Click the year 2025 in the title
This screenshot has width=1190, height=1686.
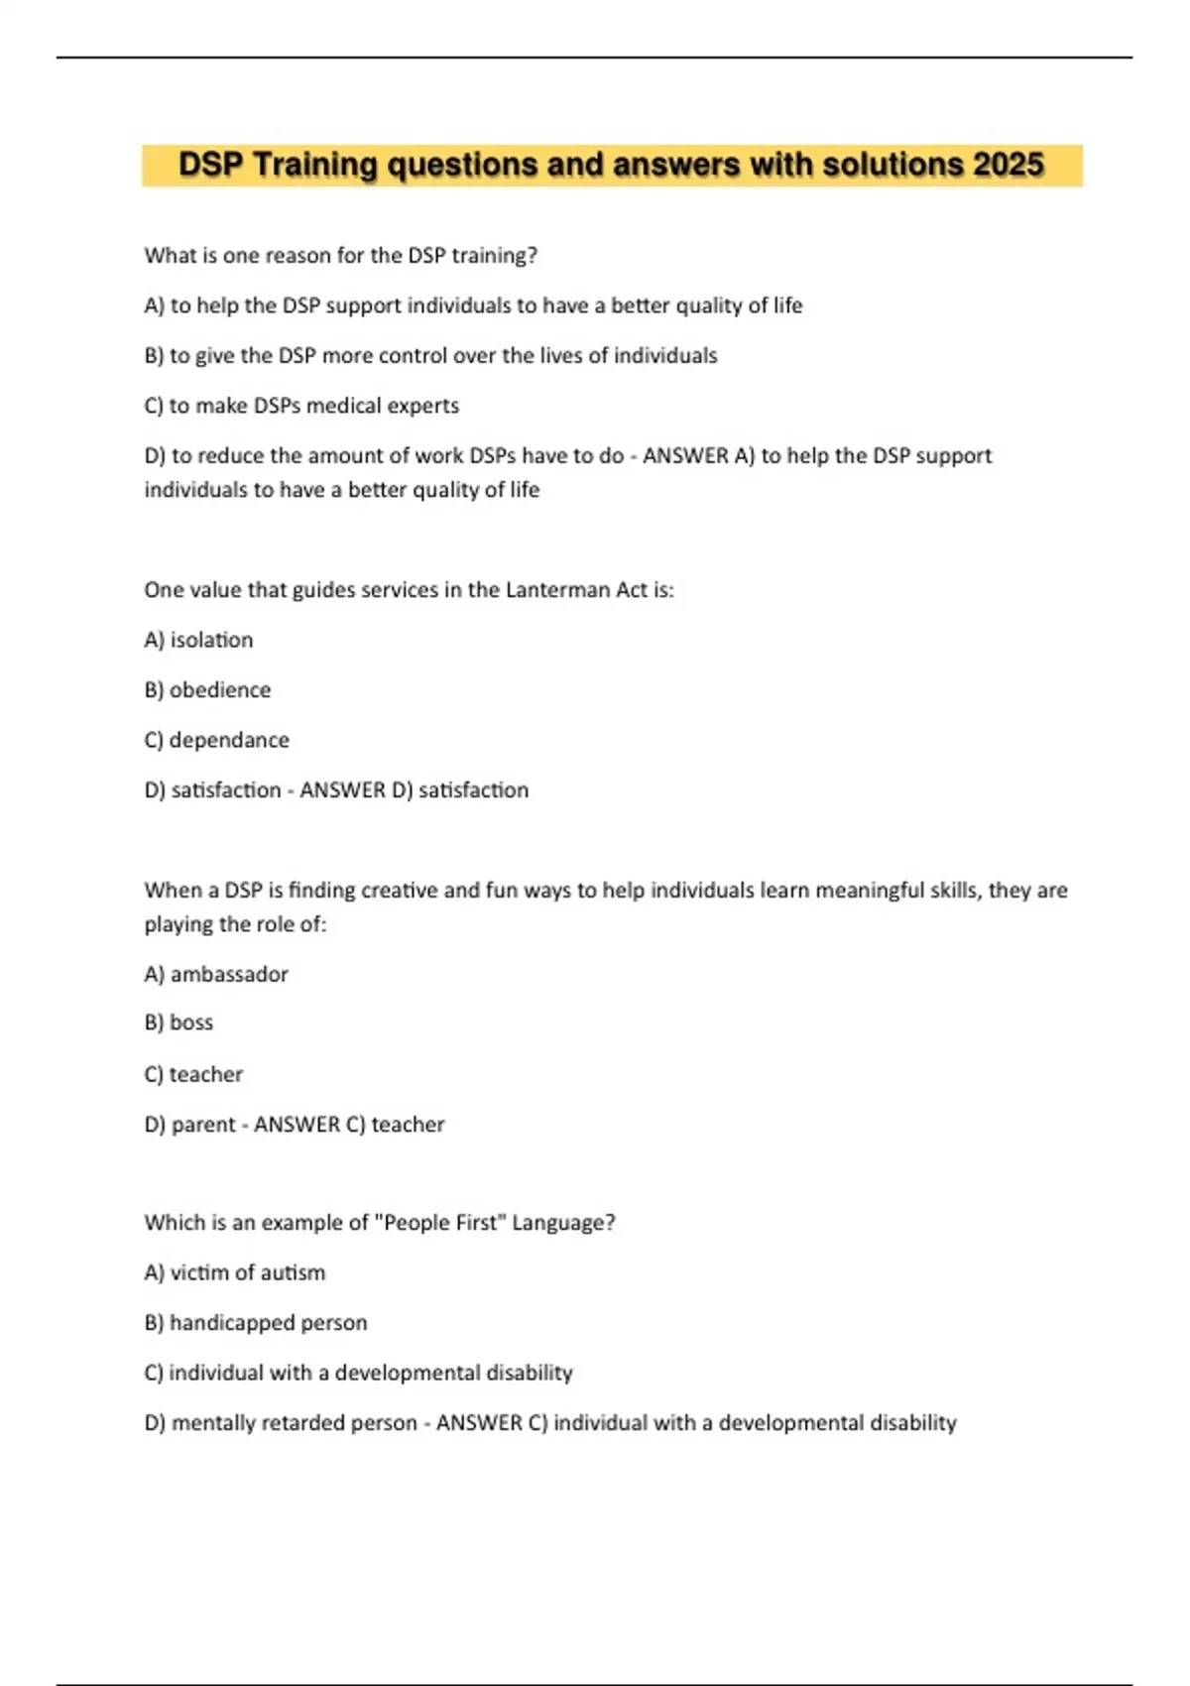coord(1009,165)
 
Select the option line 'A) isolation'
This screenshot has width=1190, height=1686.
coord(198,640)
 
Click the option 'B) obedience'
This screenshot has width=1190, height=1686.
coord(207,689)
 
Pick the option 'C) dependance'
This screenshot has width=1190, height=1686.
coord(216,740)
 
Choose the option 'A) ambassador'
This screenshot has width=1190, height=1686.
coord(216,974)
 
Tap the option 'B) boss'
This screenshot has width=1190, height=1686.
coord(178,1023)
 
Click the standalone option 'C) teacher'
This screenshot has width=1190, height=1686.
coord(193,1074)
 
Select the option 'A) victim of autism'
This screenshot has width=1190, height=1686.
coord(234,1272)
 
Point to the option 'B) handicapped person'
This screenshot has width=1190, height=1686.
coord(255,1322)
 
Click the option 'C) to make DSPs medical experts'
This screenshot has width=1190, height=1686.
coord(301,406)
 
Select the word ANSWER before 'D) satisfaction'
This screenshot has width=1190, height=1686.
coord(342,790)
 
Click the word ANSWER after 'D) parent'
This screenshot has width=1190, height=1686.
coord(297,1125)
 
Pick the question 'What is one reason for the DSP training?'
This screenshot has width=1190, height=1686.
coord(340,256)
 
